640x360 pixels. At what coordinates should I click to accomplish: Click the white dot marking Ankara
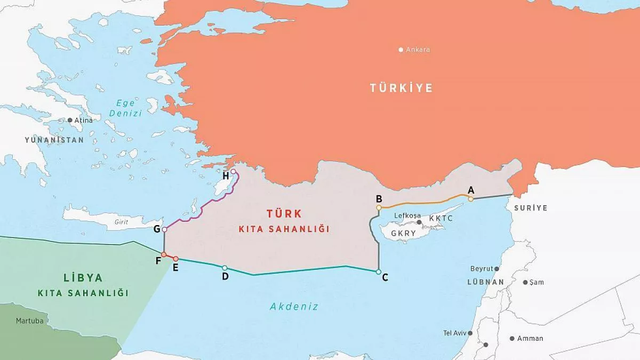(401, 50)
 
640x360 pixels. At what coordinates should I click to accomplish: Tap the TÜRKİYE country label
(401, 88)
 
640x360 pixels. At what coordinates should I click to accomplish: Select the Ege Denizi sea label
(125, 108)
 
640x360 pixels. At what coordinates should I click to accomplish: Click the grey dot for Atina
(70, 121)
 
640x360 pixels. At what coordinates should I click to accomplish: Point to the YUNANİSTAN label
(54, 140)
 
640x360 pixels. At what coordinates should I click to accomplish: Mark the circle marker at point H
(233, 172)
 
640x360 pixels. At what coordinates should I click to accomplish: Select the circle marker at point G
(164, 229)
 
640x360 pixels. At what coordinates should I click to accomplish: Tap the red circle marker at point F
(164, 254)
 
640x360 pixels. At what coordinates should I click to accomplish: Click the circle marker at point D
(225, 268)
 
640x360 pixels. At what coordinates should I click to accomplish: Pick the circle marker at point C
(378, 272)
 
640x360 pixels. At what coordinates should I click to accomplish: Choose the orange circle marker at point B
(379, 208)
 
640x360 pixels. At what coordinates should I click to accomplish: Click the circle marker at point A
(470, 199)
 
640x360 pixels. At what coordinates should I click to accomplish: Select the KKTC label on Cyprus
(441, 219)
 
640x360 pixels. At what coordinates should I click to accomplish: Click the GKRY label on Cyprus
(403, 234)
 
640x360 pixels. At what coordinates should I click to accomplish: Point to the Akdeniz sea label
(294, 307)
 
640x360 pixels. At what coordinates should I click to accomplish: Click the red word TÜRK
(284, 214)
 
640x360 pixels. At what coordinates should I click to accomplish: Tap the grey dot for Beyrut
(497, 269)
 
